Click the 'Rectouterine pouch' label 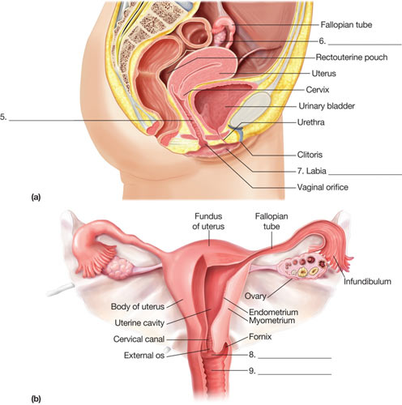352,58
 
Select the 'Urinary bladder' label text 327,106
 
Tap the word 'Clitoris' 310,155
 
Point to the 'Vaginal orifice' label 323,187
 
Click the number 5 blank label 3,117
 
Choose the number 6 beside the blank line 322,41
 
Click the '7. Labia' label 311,171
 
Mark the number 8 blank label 252,355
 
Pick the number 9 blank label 252,371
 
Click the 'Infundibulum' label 367,281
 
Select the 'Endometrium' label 273,312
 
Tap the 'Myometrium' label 272,321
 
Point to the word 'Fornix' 260,337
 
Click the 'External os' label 144,356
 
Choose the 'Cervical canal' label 139,339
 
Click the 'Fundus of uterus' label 208,221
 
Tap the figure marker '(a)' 36,197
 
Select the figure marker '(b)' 36,399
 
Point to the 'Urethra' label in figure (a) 310,122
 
